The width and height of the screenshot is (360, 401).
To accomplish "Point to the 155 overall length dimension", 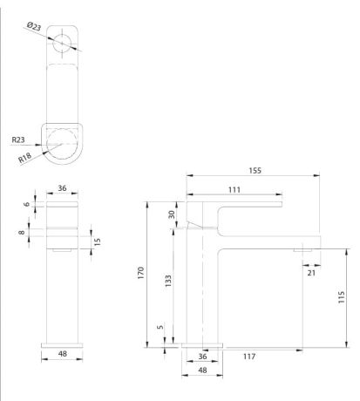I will tap(254, 171).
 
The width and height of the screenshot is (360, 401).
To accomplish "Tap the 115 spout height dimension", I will tap(341, 296).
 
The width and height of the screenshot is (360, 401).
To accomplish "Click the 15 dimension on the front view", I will tap(98, 240).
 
